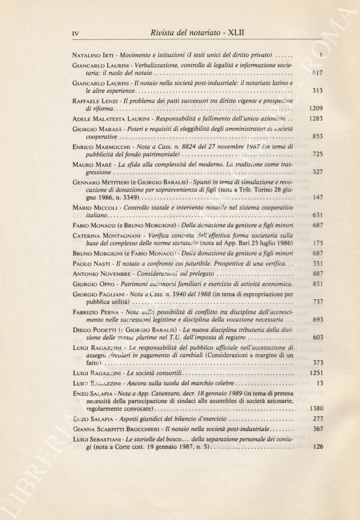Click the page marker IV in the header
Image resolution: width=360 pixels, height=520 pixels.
[x=75, y=34]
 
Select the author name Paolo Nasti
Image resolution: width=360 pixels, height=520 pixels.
[x=89, y=264]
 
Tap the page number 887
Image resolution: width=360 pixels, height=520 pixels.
[x=318, y=274]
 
